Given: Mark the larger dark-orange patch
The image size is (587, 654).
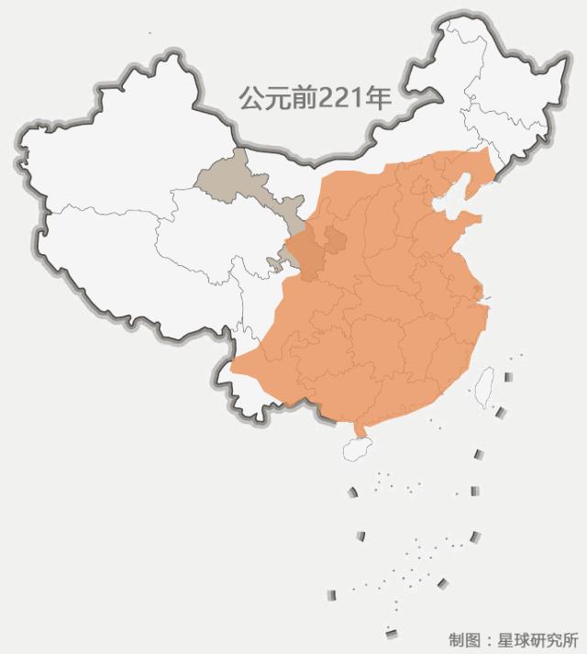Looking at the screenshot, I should (x=306, y=258).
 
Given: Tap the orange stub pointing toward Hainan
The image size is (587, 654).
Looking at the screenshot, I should (x=360, y=427).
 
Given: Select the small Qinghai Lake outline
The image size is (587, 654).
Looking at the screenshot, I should (x=272, y=264).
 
